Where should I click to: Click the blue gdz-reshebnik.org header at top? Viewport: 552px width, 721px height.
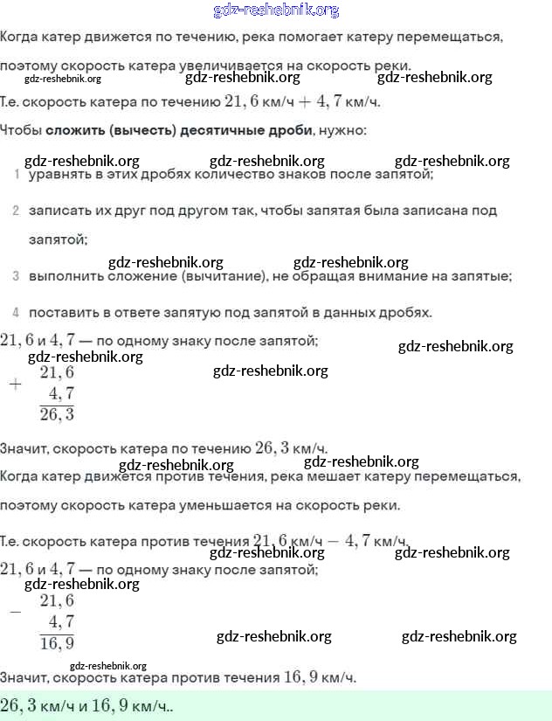[x=276, y=10]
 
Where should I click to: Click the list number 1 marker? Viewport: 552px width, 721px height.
[x=17, y=175]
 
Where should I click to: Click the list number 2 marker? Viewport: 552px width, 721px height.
[x=17, y=211]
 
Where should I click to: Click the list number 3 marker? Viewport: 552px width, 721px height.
[x=17, y=276]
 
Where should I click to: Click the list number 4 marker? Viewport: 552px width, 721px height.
[x=17, y=312]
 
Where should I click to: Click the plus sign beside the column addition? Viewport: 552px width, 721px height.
[x=15, y=384]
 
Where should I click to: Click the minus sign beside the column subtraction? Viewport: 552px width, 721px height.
[x=15, y=612]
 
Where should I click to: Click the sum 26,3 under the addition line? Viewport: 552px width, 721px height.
[x=57, y=414]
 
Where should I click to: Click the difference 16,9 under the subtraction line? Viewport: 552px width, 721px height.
[x=57, y=643]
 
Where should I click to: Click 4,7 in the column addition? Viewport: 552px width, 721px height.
[x=62, y=393]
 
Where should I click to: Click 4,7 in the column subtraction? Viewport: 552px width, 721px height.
[x=62, y=621]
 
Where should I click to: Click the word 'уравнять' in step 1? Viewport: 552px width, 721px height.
[x=59, y=175]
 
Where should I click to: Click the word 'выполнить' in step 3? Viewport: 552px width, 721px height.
[x=62, y=276]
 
